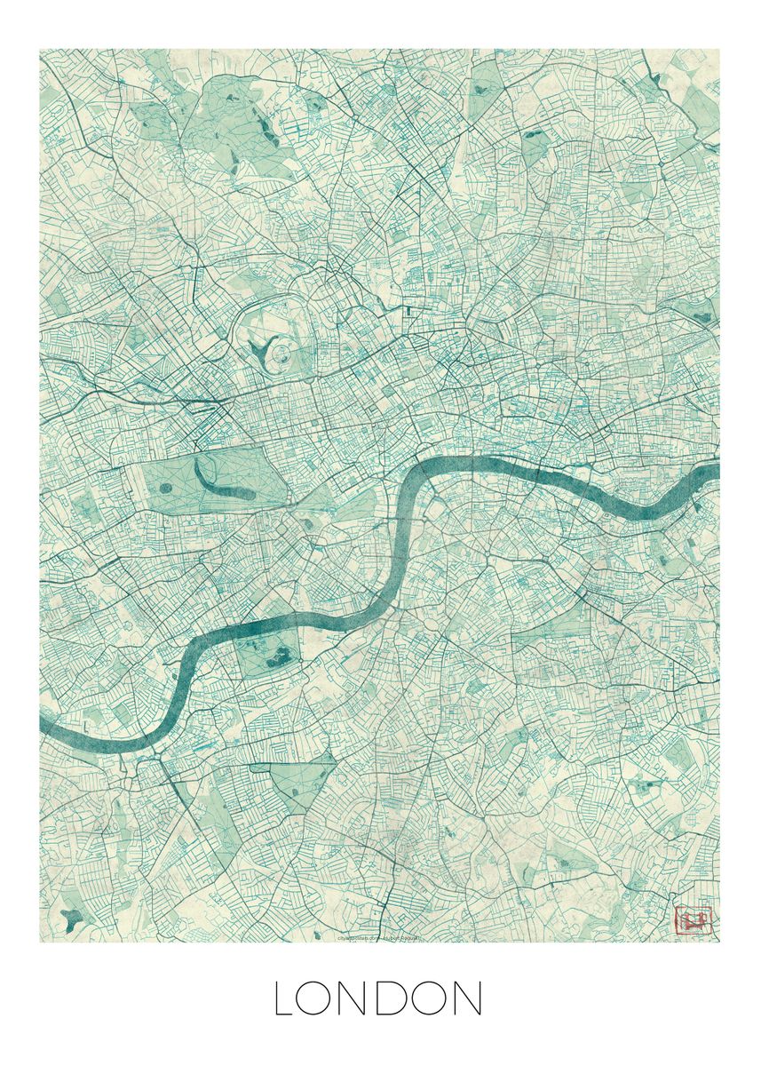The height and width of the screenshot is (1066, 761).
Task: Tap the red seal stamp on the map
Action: [694, 920]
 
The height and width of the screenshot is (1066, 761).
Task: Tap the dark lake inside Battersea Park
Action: [278, 657]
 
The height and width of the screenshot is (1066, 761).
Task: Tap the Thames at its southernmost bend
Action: [133, 743]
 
